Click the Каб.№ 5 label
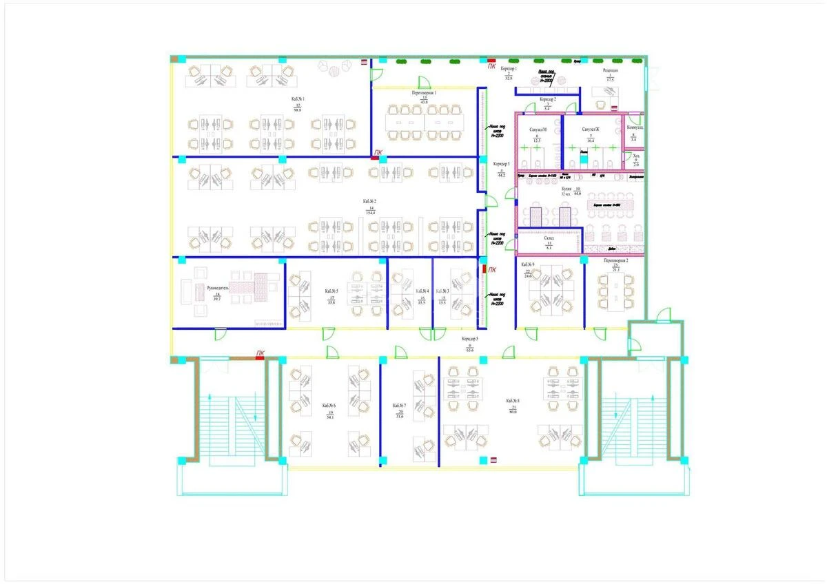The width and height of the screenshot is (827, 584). tap(331, 291)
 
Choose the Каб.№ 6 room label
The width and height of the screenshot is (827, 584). tap(329, 406)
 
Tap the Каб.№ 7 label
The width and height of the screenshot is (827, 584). tap(400, 406)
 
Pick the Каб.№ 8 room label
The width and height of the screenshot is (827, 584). tap(512, 401)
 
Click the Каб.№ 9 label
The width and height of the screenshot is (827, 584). tap(528, 265)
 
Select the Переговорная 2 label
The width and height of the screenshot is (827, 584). tap(615, 262)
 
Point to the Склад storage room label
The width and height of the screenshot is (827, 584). tap(549, 237)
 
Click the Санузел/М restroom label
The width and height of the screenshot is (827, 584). tap(538, 130)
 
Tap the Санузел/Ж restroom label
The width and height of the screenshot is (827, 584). tap(591, 130)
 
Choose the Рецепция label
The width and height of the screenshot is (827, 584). tap(610, 70)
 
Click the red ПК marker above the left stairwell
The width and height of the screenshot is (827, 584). tap(260, 353)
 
